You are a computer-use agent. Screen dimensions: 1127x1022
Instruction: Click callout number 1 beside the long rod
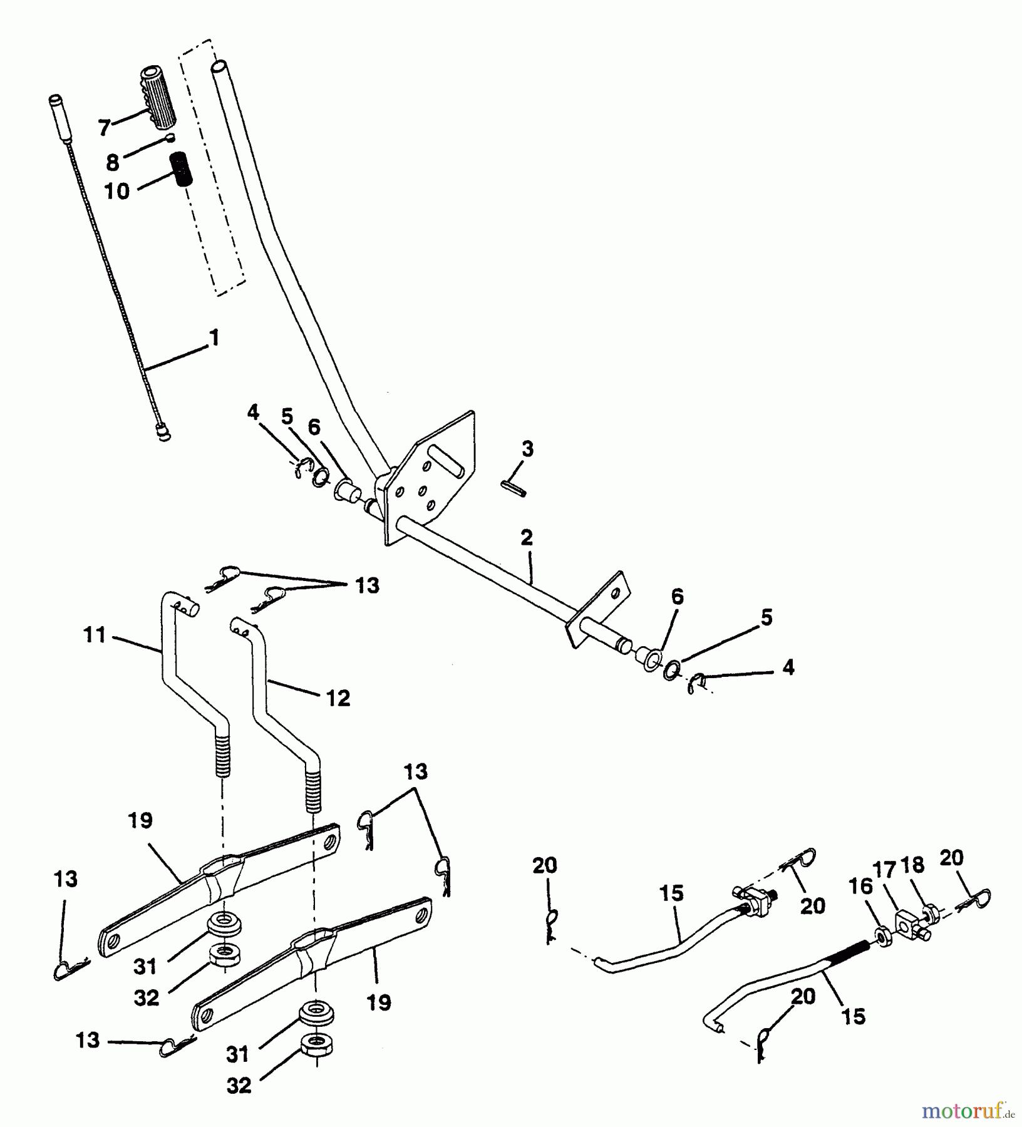pos(214,339)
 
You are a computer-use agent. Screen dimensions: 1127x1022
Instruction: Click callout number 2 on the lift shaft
pos(526,538)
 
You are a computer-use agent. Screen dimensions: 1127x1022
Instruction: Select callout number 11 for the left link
pos(94,636)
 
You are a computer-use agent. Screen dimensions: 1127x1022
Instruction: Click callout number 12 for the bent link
pos(338,698)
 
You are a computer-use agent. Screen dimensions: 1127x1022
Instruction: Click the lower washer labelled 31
pos(317,1015)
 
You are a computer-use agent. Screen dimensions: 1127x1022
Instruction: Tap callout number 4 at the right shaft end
pos(788,668)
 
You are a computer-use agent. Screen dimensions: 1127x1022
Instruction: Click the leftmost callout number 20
pos(545,866)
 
